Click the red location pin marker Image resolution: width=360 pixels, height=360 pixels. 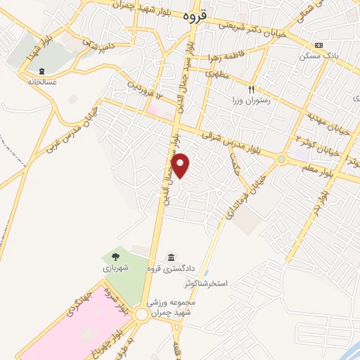click(181, 165)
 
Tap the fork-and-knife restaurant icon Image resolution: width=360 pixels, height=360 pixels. click(251, 89)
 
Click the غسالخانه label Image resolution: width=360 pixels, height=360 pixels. click(41, 81)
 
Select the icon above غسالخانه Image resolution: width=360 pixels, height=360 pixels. click(41, 70)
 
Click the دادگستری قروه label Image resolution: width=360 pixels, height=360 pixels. click(169, 268)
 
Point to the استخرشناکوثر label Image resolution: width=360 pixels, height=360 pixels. click(207, 283)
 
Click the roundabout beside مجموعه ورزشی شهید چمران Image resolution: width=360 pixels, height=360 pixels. click(143, 315)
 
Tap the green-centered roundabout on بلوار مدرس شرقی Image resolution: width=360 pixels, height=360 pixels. click(282, 160)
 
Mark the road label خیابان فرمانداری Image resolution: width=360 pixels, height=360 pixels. click(246, 194)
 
